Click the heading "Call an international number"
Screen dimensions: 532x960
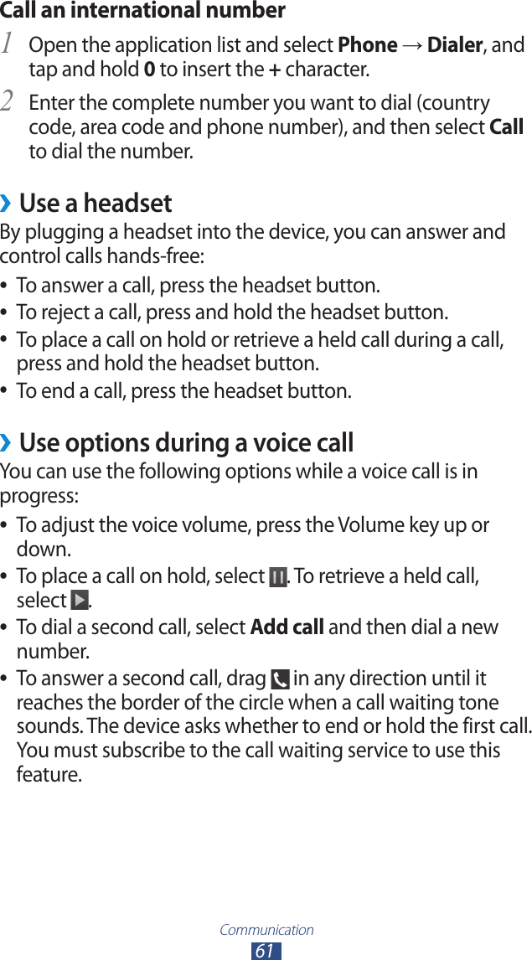click(x=142, y=11)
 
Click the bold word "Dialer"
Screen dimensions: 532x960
click(x=454, y=44)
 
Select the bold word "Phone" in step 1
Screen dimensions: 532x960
click(x=367, y=44)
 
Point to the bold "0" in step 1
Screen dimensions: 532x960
click(x=148, y=69)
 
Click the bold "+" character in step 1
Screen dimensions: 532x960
click(x=274, y=69)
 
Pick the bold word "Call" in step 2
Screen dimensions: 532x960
click(x=506, y=127)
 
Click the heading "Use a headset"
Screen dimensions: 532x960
click(x=96, y=204)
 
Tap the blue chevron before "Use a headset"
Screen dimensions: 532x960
click(x=7, y=204)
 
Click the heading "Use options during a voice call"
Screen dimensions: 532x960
click(x=186, y=442)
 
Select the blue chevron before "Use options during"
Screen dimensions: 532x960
click(x=7, y=442)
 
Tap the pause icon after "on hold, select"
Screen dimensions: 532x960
click(x=277, y=577)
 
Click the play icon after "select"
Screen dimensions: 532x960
click(x=79, y=601)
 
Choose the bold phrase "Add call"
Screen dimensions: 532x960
click(x=287, y=627)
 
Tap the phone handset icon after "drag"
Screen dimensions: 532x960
click(x=280, y=679)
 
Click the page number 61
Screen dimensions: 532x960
click(x=265, y=951)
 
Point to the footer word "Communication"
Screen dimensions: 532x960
click(x=266, y=929)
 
